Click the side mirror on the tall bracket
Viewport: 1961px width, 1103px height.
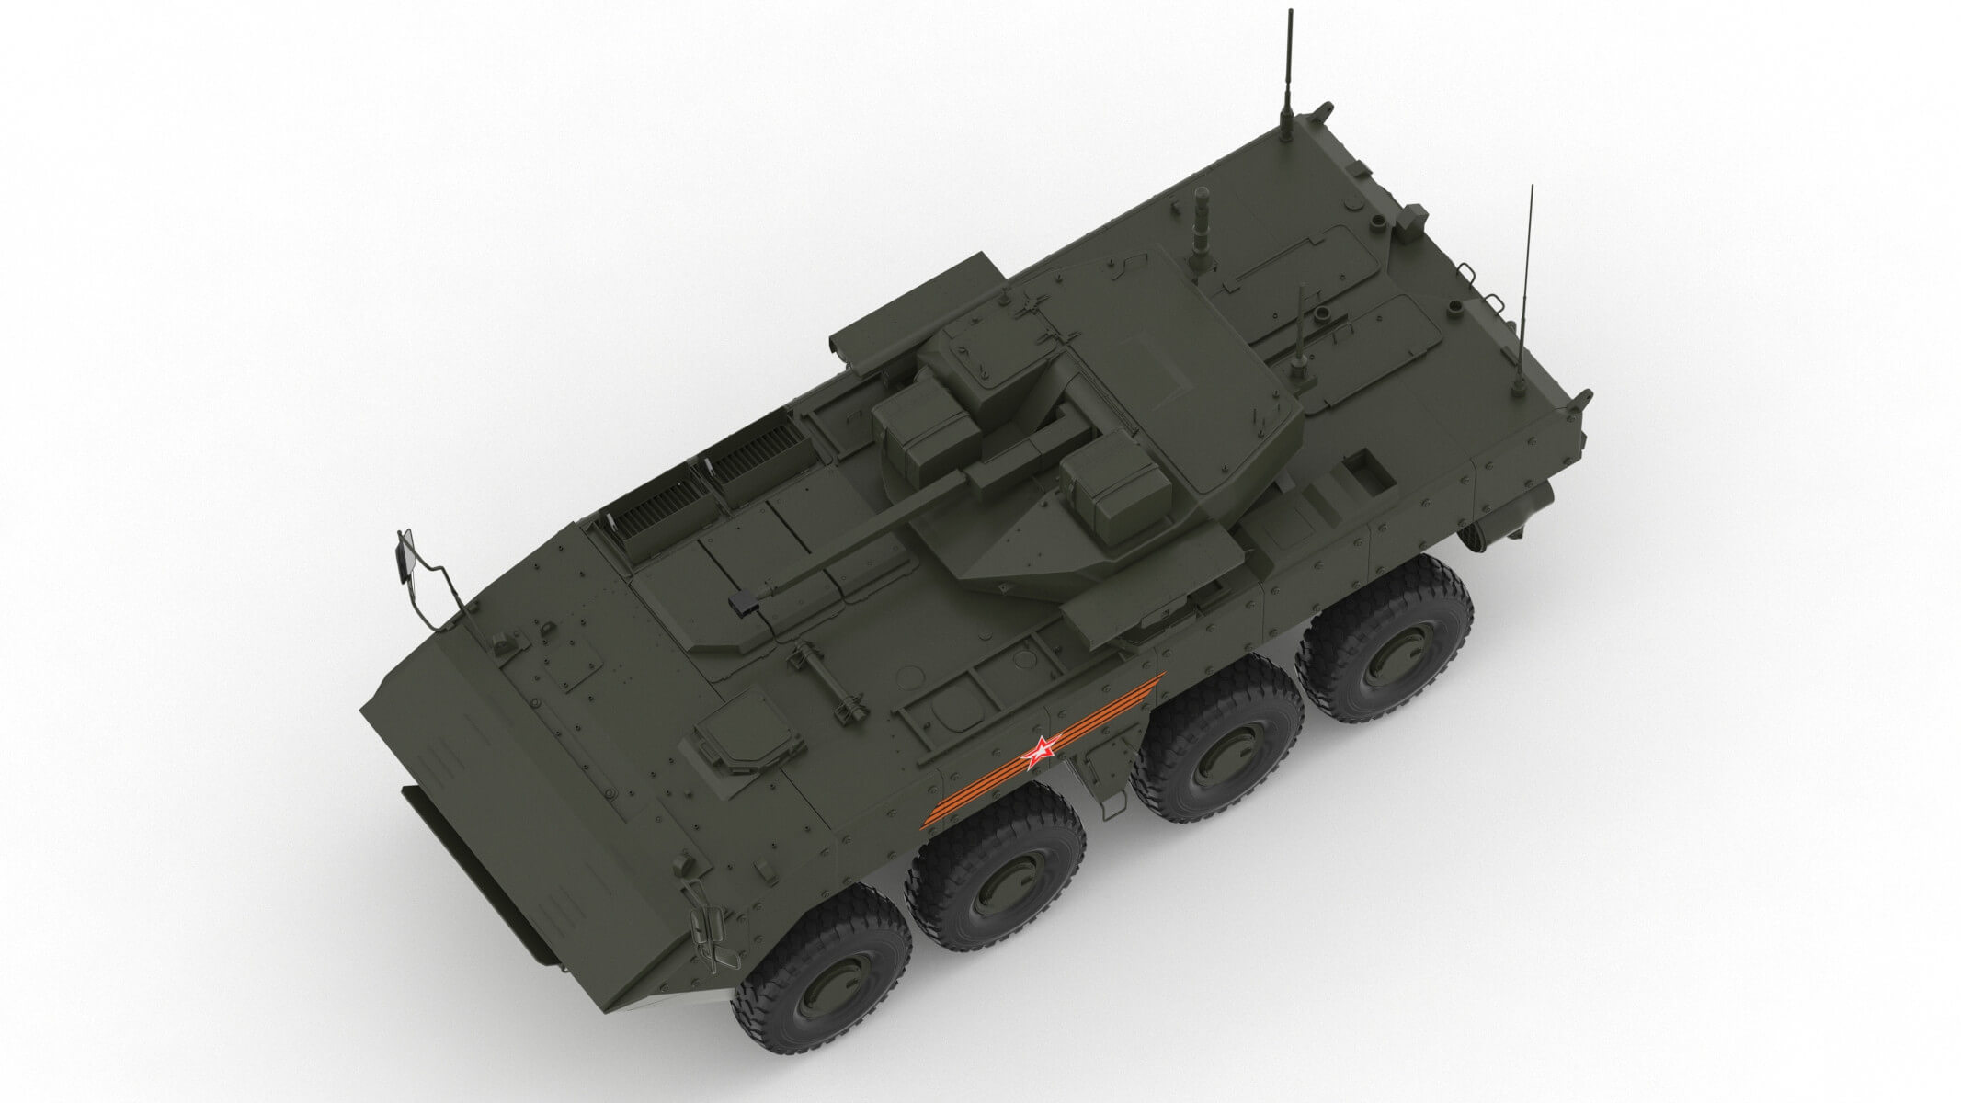(405, 558)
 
